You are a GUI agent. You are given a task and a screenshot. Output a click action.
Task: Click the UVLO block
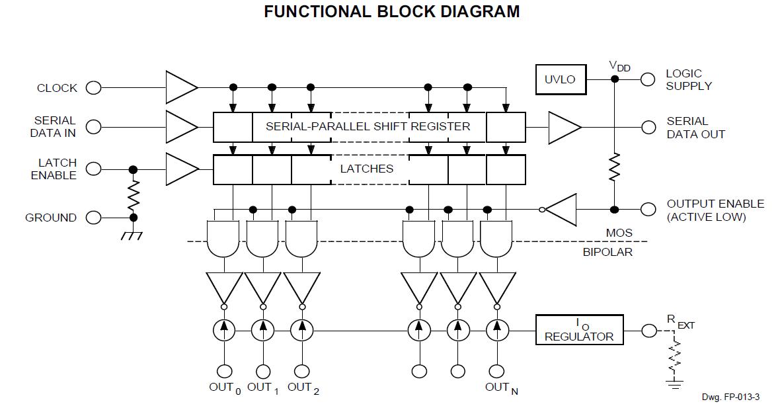560,79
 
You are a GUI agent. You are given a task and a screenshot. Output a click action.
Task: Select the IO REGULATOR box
578,329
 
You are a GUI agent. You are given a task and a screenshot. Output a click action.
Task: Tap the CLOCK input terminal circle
93,88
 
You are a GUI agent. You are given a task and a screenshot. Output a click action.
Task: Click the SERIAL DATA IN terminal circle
93,127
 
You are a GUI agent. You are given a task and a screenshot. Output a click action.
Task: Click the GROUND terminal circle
93,218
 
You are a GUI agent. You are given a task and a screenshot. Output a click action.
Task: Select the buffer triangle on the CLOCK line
180,87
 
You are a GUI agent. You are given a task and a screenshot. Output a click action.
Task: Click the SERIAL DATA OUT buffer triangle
563,127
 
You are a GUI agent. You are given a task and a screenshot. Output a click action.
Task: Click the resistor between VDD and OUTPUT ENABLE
614,167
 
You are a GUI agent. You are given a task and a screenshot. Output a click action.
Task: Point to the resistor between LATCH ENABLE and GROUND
133,194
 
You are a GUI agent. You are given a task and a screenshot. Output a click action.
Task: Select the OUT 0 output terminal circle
224,371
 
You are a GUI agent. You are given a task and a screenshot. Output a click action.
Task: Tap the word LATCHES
366,169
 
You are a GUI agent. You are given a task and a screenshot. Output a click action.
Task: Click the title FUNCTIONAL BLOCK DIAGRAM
391,12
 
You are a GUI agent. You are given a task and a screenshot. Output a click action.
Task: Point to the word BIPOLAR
607,252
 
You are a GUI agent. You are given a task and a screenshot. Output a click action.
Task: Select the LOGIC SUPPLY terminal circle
648,79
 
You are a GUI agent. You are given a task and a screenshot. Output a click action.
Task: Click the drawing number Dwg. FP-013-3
730,397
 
